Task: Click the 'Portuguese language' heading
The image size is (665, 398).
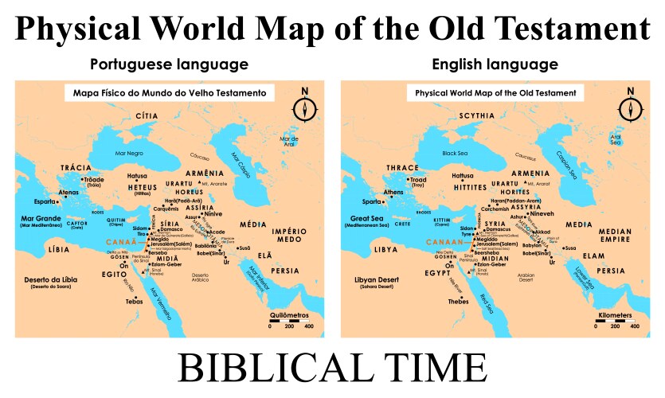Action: pos(169,64)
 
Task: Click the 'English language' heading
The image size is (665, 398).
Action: pos(494,64)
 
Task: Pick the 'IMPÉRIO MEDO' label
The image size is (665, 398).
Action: pos(288,235)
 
